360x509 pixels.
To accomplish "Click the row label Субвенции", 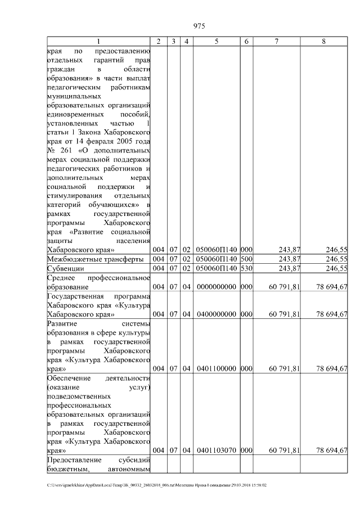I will (66, 268).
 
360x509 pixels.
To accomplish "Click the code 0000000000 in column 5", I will (217, 287).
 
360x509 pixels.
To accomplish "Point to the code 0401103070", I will (217, 451).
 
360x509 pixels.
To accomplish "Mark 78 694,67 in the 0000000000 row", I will (332, 287).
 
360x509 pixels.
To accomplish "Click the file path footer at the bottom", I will (157, 485).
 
